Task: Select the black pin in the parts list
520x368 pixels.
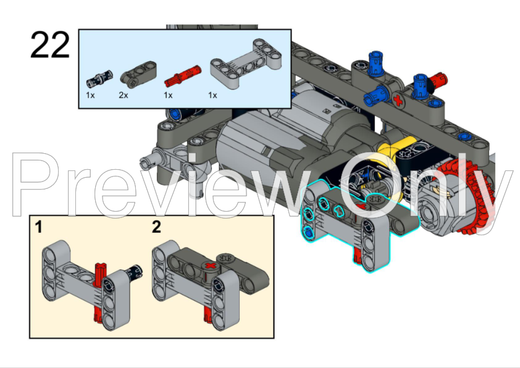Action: click(x=96, y=79)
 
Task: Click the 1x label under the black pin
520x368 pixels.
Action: click(x=90, y=96)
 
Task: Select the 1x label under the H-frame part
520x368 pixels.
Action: click(x=213, y=96)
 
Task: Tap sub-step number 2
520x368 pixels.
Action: click(x=156, y=227)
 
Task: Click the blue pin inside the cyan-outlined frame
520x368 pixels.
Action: click(x=307, y=231)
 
